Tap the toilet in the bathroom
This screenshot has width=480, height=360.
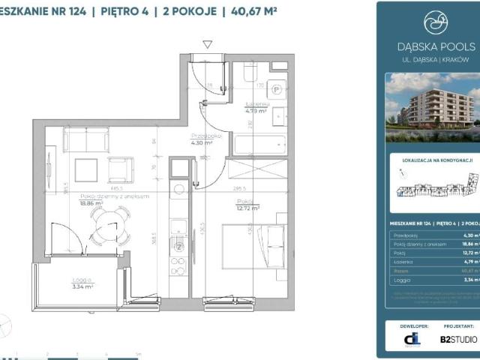250,73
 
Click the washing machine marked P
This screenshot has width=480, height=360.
277,88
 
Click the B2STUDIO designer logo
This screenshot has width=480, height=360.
457,339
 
